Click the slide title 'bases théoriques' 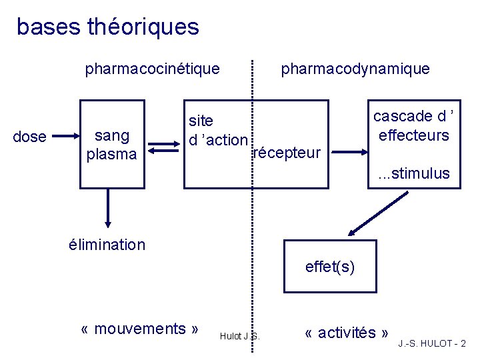click(x=107, y=27)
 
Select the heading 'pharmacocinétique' click(x=152, y=69)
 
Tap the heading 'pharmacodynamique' click(x=355, y=69)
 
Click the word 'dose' click(x=30, y=137)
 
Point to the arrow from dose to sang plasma click(x=66, y=137)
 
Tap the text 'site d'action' click(x=217, y=131)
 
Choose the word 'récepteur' click(x=288, y=153)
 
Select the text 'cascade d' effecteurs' click(x=413, y=125)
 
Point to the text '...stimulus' click(x=414, y=174)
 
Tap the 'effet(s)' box click(x=329, y=267)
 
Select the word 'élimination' click(x=107, y=245)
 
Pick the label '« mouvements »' click(x=139, y=329)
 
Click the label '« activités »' click(x=347, y=333)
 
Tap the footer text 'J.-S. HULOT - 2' click(x=432, y=344)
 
